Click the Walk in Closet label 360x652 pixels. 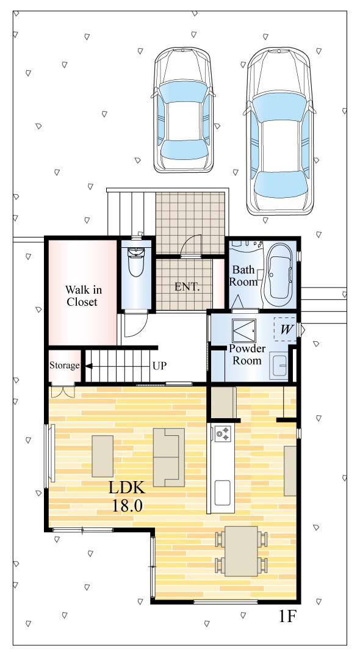[x=84, y=295]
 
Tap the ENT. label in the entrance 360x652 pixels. [x=187, y=286]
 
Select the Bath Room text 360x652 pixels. [x=243, y=276]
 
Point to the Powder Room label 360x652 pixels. [x=247, y=354]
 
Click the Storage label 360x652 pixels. [x=65, y=366]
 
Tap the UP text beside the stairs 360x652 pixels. [x=160, y=366]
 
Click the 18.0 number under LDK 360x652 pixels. [x=127, y=505]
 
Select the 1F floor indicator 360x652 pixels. [x=287, y=617]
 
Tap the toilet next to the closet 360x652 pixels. [x=135, y=261]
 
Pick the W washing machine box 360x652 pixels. [x=286, y=330]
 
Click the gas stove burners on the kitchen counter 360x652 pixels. [x=223, y=433]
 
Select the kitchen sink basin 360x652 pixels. [x=223, y=493]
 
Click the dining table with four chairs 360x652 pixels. [x=241, y=551]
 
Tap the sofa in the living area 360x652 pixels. [x=169, y=457]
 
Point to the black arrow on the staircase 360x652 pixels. [x=88, y=366]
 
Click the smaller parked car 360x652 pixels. [x=183, y=110]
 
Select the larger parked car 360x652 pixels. [x=279, y=131]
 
